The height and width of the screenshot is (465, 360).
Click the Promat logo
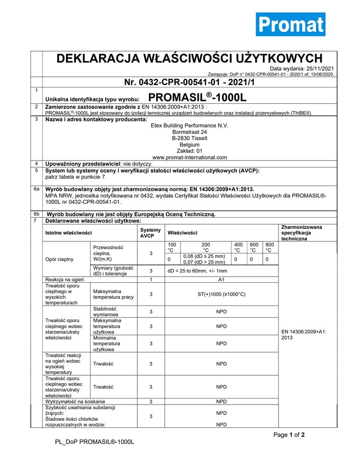click(x=290, y=24)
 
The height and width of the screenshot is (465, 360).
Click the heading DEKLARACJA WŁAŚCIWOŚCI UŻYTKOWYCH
click(x=189, y=59)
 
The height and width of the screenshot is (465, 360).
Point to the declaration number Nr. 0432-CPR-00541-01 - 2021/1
click(x=190, y=82)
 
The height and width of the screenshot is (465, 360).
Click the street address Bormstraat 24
click(x=190, y=132)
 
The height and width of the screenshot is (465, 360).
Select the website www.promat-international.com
click(x=190, y=157)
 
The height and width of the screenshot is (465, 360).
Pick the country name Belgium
click(x=190, y=145)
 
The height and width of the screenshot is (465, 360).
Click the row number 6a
click(x=36, y=189)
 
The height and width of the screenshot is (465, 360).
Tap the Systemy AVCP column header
click(x=150, y=232)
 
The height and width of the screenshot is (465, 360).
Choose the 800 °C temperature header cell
click(x=269, y=247)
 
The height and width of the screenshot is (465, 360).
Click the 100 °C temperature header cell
click(x=172, y=247)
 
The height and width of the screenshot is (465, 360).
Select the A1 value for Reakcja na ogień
click(x=222, y=279)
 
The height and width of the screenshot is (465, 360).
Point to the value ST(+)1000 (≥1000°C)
click(x=222, y=294)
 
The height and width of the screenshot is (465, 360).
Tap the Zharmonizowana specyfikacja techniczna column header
click(x=301, y=232)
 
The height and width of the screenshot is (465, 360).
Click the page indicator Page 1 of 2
click(x=289, y=435)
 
